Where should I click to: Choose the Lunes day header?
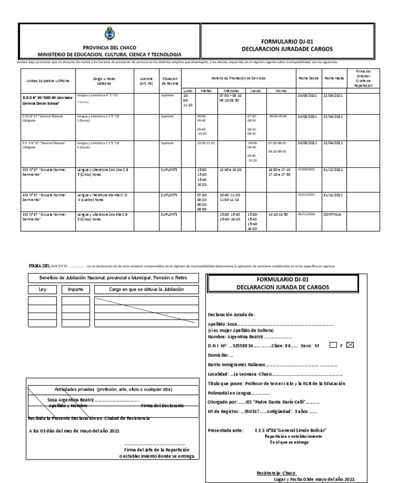click(x=188, y=90)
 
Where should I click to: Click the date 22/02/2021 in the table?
click(x=306, y=194)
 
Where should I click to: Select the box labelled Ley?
click(x=42, y=290)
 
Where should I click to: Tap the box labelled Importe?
click(x=75, y=290)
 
